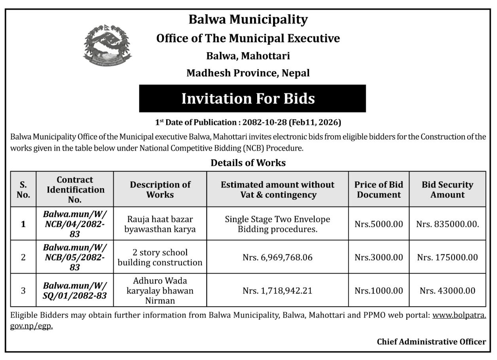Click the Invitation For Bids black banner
[x=252, y=99]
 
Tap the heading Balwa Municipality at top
[x=248, y=19]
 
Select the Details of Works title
[x=248, y=163]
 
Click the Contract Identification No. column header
[x=75, y=189]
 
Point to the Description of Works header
[x=160, y=189]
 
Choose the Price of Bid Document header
[x=379, y=189]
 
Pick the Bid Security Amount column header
[x=448, y=189]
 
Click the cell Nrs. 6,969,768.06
[x=277, y=258]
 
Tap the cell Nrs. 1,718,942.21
[x=277, y=291]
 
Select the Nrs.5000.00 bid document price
[x=379, y=224]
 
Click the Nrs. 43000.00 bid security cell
[x=448, y=291]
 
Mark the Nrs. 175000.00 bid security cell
[x=448, y=258]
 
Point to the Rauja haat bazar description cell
[x=160, y=224]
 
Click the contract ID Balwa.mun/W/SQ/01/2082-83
[x=75, y=291]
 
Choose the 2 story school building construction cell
[x=160, y=258]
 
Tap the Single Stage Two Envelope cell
[x=277, y=224]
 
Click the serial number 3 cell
[x=23, y=291]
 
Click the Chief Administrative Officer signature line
[x=431, y=342]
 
